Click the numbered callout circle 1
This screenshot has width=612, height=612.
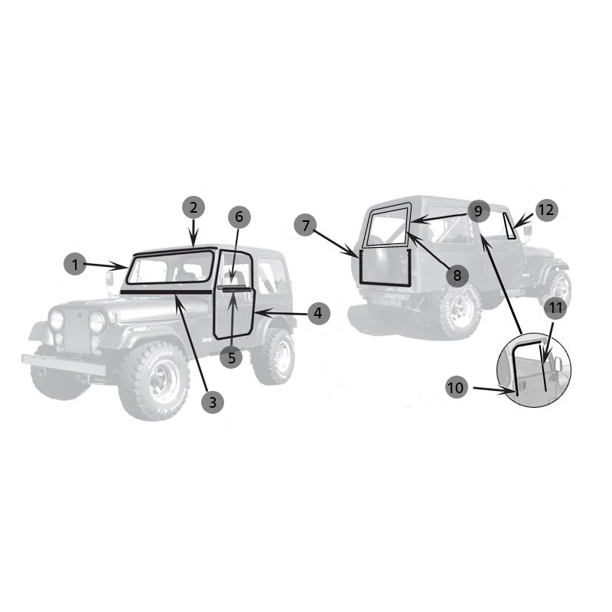pyautogui.click(x=75, y=264)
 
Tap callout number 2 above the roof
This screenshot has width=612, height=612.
pyautogui.click(x=194, y=207)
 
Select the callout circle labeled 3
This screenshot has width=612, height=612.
pyautogui.click(x=213, y=402)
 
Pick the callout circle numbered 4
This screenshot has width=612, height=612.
pyautogui.click(x=318, y=314)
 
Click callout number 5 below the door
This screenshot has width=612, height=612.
pyautogui.click(x=232, y=357)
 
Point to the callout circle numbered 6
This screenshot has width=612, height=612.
pyautogui.click(x=239, y=216)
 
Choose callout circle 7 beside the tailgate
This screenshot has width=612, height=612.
pyautogui.click(x=305, y=225)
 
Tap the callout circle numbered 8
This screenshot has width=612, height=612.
pyautogui.click(x=457, y=275)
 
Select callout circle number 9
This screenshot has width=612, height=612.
pyautogui.click(x=479, y=211)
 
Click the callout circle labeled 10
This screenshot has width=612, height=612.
pyautogui.click(x=456, y=388)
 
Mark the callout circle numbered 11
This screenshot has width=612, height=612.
pyautogui.click(x=555, y=308)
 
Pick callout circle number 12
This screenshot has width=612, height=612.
pyautogui.click(x=546, y=210)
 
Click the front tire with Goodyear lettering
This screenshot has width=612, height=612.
pyautogui.click(x=155, y=380)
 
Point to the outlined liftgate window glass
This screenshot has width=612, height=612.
pyautogui.click(x=387, y=226)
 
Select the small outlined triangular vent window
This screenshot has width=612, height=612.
pyautogui.click(x=509, y=226)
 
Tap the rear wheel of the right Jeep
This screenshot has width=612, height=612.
pyautogui.click(x=460, y=311)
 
